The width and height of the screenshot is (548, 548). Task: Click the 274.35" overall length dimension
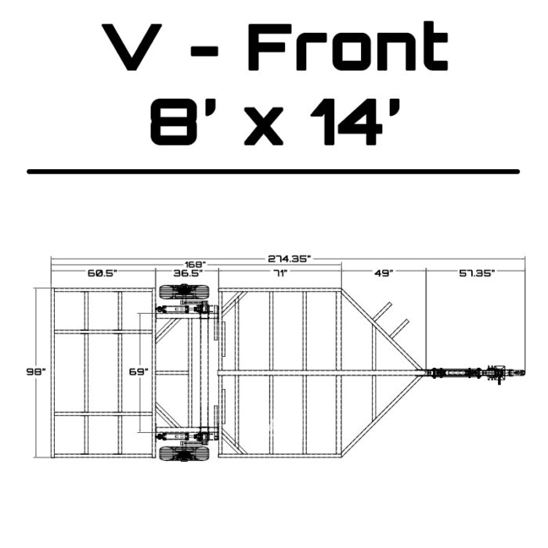[x=289, y=259]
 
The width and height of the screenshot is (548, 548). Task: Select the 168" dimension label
[x=196, y=265]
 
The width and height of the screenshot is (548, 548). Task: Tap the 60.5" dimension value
[x=102, y=273]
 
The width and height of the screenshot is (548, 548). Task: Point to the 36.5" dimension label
[x=188, y=273]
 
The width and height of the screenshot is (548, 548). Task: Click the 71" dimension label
[x=280, y=273]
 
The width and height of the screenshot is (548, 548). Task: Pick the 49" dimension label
[x=384, y=273]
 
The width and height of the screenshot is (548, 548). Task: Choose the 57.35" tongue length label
[x=477, y=273]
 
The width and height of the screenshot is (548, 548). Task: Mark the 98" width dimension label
[x=36, y=372]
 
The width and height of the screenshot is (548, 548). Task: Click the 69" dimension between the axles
[x=139, y=372]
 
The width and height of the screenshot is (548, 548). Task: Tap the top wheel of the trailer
[x=184, y=292]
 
